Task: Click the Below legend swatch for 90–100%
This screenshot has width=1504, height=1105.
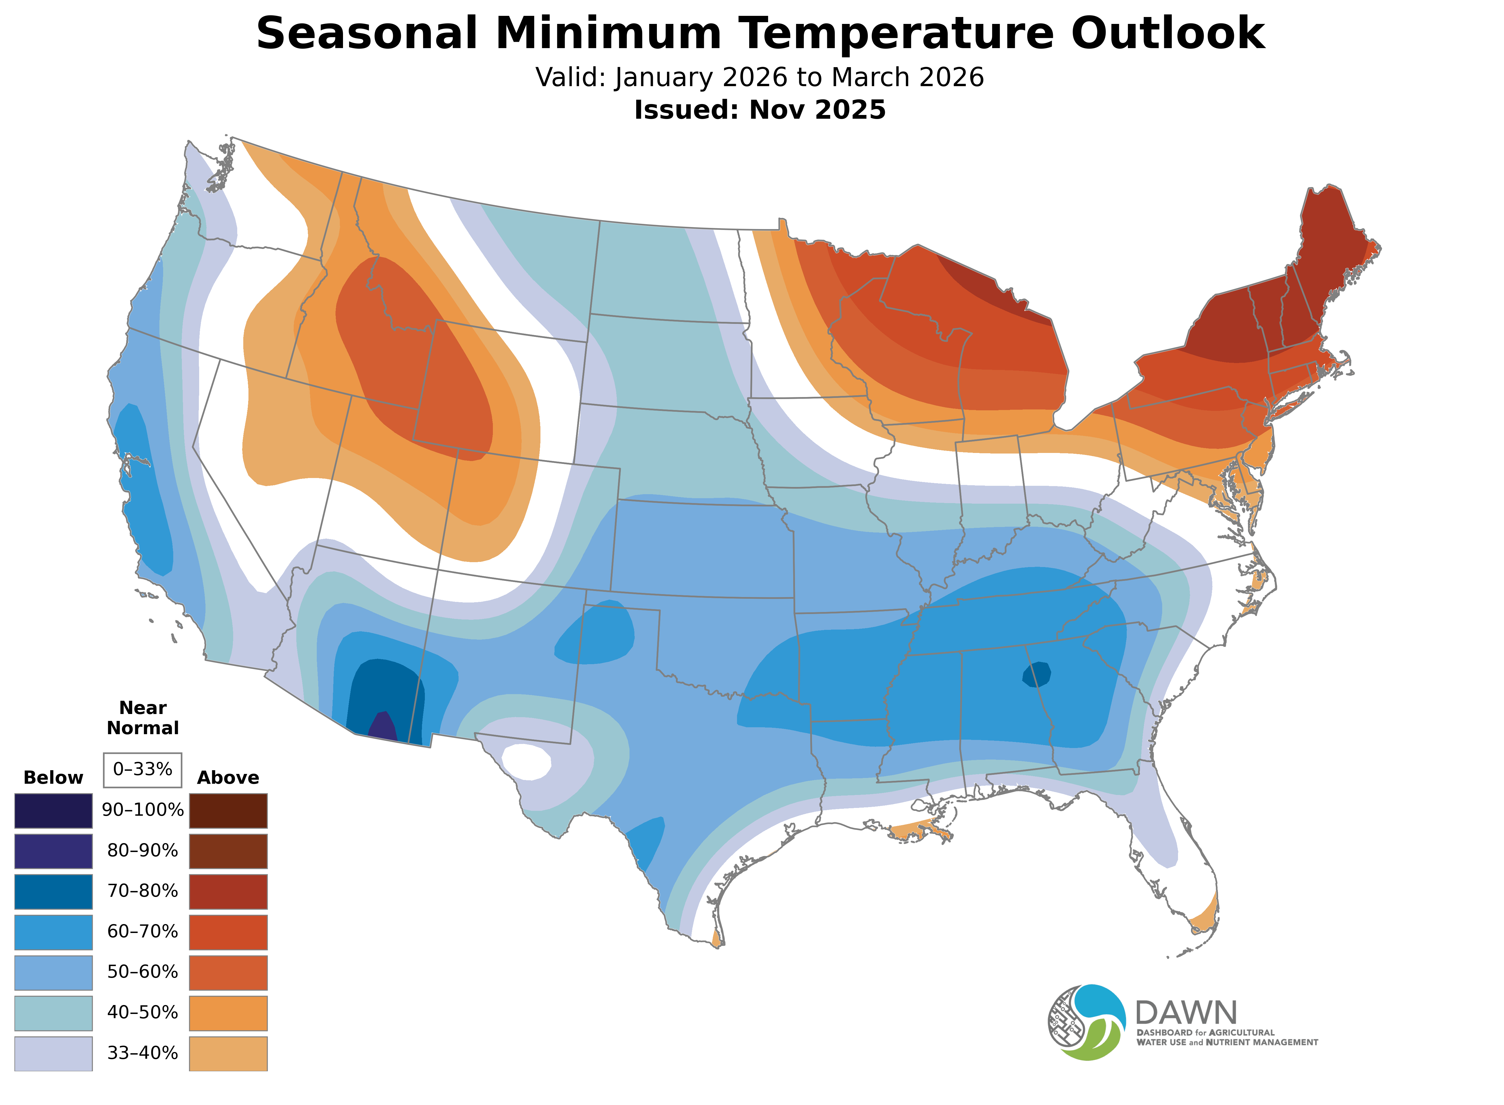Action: [x=54, y=811]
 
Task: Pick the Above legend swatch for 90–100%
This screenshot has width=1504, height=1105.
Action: [x=228, y=811]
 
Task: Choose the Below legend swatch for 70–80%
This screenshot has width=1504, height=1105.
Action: [x=54, y=891]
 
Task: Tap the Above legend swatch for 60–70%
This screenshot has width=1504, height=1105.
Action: [x=228, y=932]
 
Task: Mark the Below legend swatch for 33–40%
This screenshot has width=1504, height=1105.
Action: [x=54, y=1053]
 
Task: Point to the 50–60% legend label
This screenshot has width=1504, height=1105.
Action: [x=142, y=972]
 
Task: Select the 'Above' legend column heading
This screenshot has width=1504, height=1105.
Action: [x=228, y=778]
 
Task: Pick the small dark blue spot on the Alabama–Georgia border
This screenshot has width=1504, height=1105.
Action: [x=1036, y=674]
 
